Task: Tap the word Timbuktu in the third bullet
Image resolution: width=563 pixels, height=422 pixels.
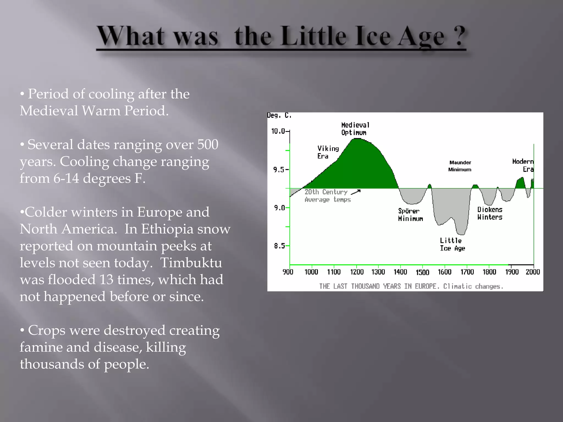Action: click(191, 263)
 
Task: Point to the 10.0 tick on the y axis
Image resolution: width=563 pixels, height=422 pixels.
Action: click(278, 131)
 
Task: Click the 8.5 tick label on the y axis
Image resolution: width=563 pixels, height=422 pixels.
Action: click(279, 246)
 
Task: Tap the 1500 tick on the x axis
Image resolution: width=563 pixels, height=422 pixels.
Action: click(422, 272)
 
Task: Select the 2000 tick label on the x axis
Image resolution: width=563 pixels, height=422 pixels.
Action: click(533, 272)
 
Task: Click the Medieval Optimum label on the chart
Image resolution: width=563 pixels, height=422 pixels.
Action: click(355, 129)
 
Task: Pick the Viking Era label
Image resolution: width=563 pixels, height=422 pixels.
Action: click(328, 152)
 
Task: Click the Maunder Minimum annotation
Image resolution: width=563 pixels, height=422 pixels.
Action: click(460, 166)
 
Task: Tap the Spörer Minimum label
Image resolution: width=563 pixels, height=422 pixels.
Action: click(410, 215)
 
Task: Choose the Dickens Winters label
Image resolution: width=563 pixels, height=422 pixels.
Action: click(490, 213)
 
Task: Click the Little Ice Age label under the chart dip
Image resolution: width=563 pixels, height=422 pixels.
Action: click(452, 245)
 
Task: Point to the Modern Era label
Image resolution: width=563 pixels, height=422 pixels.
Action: click(523, 165)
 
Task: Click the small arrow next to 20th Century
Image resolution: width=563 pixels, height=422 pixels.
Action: click(356, 192)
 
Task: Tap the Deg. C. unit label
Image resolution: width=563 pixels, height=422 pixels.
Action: click(279, 115)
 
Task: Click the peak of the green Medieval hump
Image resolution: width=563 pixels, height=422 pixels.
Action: click(357, 139)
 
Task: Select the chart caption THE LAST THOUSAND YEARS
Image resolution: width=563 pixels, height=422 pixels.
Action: click(411, 286)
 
